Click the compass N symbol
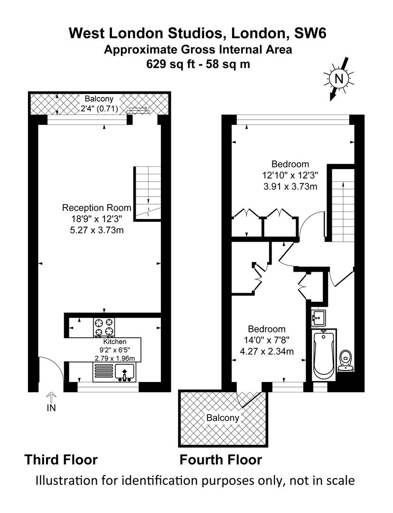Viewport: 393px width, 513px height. click(339, 79)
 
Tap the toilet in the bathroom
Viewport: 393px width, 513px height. click(346, 361)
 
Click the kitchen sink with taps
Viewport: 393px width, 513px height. click(124, 373)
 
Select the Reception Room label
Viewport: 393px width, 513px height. click(96, 208)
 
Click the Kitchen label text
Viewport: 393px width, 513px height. click(115, 342)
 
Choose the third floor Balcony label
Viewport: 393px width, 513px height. click(99, 99)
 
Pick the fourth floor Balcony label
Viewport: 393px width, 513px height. click(223, 418)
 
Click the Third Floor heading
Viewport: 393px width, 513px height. click(61, 460)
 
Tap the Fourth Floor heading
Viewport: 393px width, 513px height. click(221, 460)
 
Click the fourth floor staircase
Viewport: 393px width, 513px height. click(343, 205)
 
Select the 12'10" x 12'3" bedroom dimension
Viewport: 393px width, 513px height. click(290, 175)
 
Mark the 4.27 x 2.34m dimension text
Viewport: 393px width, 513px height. click(267, 351)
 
